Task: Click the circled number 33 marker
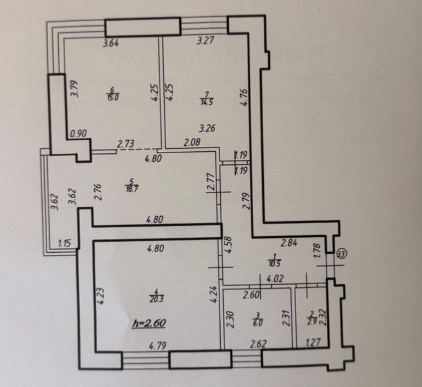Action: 341,253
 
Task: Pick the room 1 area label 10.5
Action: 277,261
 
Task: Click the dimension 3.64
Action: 112,42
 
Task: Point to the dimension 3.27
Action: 206,41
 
